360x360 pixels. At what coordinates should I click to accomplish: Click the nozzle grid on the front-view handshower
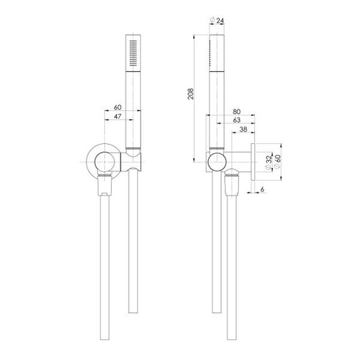coord(132,55)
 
